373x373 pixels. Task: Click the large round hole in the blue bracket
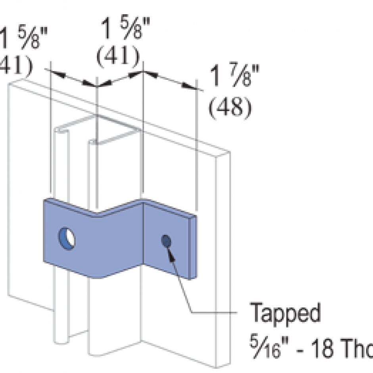(67, 238)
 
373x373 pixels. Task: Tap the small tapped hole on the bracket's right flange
(166, 240)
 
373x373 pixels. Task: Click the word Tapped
(285, 313)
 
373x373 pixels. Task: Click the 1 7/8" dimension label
(234, 78)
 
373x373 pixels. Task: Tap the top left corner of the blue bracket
(45, 201)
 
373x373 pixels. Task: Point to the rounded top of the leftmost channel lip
(59, 130)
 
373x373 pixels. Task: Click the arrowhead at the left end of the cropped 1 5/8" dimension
(56, 73)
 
